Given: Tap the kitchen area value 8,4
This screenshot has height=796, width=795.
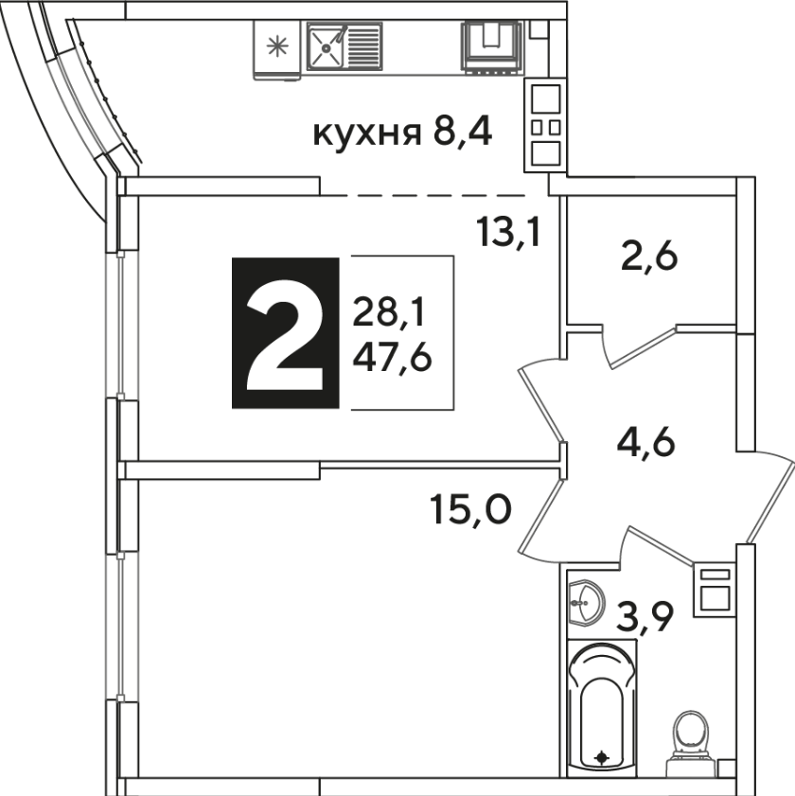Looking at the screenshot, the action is coord(463,133).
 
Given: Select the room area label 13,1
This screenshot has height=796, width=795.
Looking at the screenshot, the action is coord(508,231).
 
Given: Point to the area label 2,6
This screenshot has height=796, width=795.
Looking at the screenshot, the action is coord(649,257).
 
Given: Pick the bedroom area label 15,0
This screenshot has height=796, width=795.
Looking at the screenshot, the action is coord(469,509).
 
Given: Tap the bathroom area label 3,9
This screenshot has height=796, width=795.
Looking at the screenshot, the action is coord(645,618).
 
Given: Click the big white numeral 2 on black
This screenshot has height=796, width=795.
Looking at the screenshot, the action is coord(285,345).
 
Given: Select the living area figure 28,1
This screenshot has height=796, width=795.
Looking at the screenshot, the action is coord(388,312).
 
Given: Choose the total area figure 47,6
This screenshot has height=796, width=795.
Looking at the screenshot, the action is coord(393,359).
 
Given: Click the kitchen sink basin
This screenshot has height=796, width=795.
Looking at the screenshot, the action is coord(326,47).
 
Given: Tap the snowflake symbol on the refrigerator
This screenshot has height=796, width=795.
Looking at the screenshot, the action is coord(277,46).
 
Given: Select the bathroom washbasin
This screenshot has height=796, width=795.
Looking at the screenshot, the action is coord(587,602).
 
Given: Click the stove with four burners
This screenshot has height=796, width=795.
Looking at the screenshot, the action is coord(545,125).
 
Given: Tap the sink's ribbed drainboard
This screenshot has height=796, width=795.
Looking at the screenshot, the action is coord(363,47).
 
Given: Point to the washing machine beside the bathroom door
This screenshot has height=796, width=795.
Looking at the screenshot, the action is coord(715,590).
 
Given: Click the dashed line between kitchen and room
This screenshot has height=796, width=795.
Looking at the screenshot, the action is coord(423,195).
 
